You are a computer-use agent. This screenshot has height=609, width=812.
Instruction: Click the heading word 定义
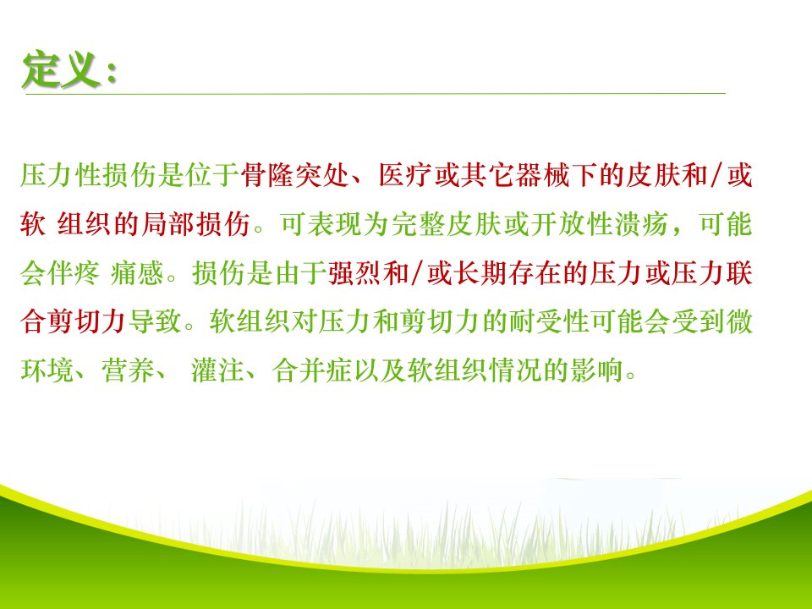pyautogui.click(x=61, y=70)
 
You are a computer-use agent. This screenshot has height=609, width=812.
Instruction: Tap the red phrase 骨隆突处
pyautogui.click(x=294, y=175)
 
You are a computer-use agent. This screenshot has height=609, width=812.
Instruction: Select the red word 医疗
pyautogui.click(x=405, y=175)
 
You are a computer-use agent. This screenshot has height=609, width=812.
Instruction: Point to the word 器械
pyautogui.click(x=542, y=175)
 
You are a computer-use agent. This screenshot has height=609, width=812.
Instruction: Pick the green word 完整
pyautogui.click(x=418, y=225)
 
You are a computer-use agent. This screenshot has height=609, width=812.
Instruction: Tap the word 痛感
pyautogui.click(x=137, y=273)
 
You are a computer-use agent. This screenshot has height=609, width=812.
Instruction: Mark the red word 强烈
pyautogui.click(x=354, y=273)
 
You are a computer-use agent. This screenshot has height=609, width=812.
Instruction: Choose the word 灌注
pyautogui.click(x=217, y=370)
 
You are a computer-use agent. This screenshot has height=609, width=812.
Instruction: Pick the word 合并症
pyautogui.click(x=312, y=370)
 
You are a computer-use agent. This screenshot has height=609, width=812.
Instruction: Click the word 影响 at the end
pyautogui.click(x=596, y=370)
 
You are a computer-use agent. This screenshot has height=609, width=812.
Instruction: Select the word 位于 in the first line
pyautogui.click(x=211, y=175)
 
